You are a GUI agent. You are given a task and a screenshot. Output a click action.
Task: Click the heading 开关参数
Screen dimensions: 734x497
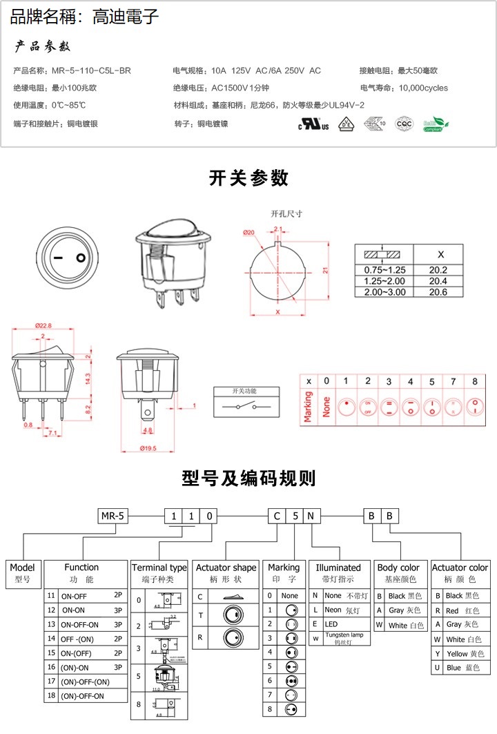[248, 178]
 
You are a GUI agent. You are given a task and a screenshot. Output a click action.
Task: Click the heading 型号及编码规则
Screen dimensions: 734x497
[248, 478]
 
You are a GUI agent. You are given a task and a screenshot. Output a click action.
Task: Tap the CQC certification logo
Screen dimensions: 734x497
[403, 124]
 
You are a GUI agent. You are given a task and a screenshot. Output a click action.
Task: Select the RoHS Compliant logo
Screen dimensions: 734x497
[435, 124]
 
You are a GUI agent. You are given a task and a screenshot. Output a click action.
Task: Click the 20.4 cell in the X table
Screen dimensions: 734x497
[438, 281]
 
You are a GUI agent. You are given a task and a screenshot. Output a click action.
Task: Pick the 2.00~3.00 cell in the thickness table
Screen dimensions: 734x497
[380, 292]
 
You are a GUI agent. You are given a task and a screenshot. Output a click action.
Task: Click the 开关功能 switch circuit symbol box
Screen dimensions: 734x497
[246, 403]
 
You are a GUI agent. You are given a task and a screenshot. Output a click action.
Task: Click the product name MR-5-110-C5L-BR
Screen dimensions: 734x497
[90, 70]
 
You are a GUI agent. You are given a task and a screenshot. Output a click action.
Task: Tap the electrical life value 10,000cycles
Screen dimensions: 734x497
[423, 88]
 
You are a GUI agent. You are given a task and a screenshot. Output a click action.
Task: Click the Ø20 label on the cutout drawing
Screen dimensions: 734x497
[249, 232]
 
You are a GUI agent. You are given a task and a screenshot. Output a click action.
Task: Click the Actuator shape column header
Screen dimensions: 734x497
[225, 568]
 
